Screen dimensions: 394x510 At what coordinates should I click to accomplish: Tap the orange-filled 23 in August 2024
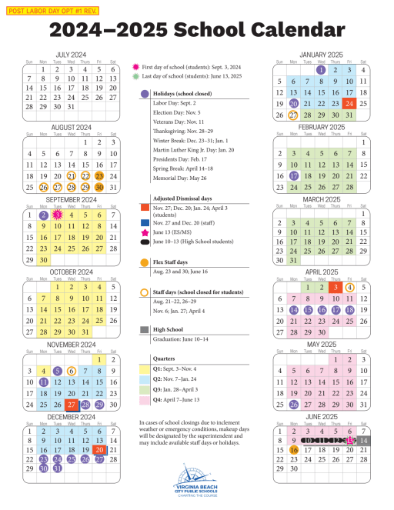[x=99, y=176]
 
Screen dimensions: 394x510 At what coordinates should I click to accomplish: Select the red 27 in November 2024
[x=72, y=405]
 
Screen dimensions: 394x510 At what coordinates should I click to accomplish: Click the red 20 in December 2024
[x=99, y=449]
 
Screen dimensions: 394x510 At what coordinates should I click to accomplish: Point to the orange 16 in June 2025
[x=294, y=450]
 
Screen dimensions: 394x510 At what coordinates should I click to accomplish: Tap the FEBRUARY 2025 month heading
[x=321, y=126]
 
